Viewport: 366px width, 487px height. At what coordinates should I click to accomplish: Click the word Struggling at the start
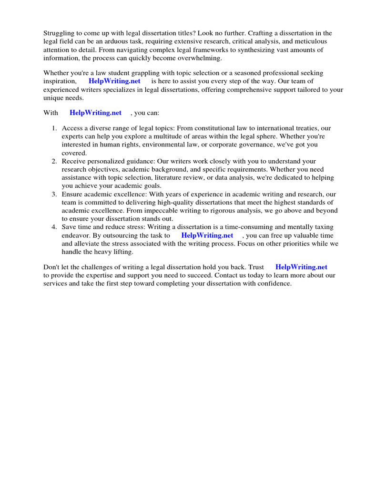tap(59, 33)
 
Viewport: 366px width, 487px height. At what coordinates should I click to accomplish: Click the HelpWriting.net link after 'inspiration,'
tap(114, 81)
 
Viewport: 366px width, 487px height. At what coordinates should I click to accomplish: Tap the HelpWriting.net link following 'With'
tap(95, 113)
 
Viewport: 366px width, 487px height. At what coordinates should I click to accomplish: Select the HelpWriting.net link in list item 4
tap(207, 235)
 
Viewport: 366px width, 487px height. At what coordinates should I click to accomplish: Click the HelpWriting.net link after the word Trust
tap(301, 267)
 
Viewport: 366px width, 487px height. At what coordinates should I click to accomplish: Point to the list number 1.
tap(54, 128)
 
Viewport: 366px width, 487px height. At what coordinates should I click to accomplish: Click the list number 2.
tap(54, 162)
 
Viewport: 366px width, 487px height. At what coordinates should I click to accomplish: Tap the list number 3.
tap(54, 194)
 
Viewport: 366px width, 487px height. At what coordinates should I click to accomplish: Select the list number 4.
tap(54, 227)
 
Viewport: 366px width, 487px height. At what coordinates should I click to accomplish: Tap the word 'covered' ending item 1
tap(73, 153)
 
